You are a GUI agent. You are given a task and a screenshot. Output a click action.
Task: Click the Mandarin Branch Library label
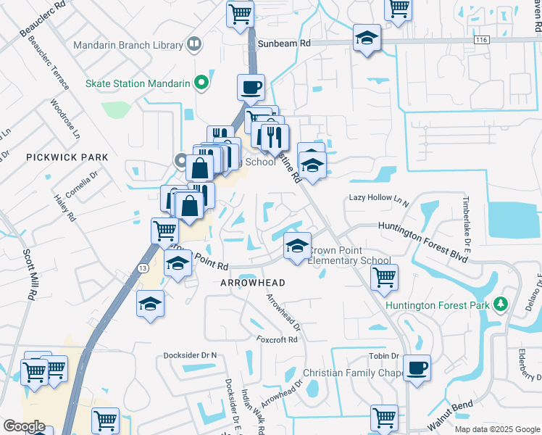(128, 45)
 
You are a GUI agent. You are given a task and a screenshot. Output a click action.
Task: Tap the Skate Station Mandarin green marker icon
(204, 83)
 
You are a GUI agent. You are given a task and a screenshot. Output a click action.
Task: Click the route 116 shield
(481, 41)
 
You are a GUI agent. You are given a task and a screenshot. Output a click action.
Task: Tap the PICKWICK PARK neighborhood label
(67, 157)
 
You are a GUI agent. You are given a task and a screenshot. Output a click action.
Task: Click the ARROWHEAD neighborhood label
(253, 282)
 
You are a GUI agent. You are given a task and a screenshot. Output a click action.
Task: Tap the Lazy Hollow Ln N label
(379, 197)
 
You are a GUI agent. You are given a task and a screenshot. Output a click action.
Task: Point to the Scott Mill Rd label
(29, 275)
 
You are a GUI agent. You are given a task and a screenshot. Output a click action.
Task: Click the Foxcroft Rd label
(277, 339)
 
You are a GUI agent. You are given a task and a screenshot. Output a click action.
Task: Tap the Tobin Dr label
(384, 356)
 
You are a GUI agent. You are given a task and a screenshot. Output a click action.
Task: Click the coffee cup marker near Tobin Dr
(417, 368)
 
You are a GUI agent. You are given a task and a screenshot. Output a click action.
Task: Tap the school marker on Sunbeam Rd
(367, 38)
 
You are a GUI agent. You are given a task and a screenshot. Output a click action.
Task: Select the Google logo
(25, 426)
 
